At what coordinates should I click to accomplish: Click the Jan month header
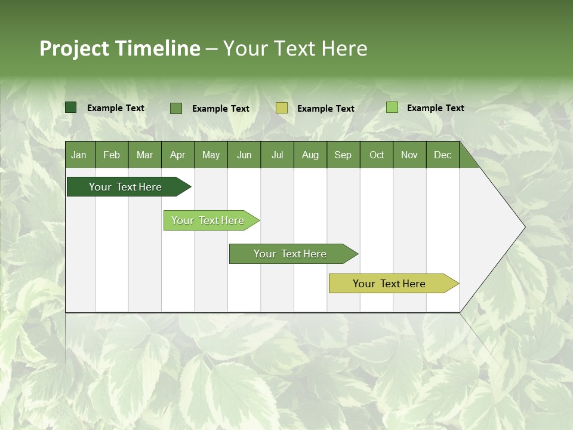(79, 155)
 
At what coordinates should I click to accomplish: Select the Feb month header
(112, 155)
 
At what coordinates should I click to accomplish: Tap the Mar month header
(144, 155)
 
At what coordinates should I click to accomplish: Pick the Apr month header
(177, 155)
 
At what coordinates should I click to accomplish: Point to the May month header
(211, 155)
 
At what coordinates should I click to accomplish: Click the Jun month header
(244, 155)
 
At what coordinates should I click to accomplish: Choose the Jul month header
(277, 155)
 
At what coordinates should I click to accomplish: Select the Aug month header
(310, 155)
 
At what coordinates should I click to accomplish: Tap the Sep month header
(343, 155)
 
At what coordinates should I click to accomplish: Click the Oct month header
(377, 155)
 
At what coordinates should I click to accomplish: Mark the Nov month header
(409, 155)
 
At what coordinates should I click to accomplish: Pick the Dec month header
(443, 155)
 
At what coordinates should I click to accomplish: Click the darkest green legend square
(71, 107)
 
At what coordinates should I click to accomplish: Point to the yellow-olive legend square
(282, 108)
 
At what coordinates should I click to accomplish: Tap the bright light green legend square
(392, 107)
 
